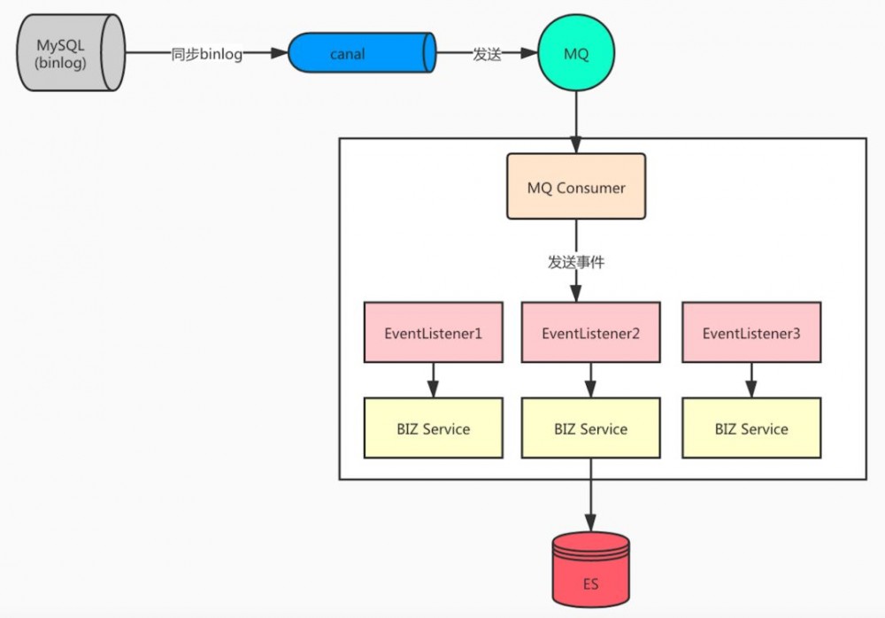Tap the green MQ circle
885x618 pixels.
tap(576, 54)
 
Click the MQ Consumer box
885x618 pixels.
tap(576, 187)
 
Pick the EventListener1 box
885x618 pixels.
tap(434, 333)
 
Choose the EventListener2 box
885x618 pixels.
tap(590, 333)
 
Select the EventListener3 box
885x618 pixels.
tap(751, 333)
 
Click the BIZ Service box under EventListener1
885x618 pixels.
tap(434, 429)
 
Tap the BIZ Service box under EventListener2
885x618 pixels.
tap(590, 429)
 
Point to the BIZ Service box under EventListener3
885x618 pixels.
tap(751, 429)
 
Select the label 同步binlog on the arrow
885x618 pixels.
tap(206, 54)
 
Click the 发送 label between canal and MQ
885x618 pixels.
tap(487, 54)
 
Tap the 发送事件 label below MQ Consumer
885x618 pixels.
tap(576, 262)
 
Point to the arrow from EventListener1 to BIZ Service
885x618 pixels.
tap(434, 380)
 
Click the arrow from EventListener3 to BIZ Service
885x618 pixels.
tap(751, 380)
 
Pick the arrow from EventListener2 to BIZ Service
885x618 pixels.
tap(590, 380)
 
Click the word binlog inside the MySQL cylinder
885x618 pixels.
tap(62, 63)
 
